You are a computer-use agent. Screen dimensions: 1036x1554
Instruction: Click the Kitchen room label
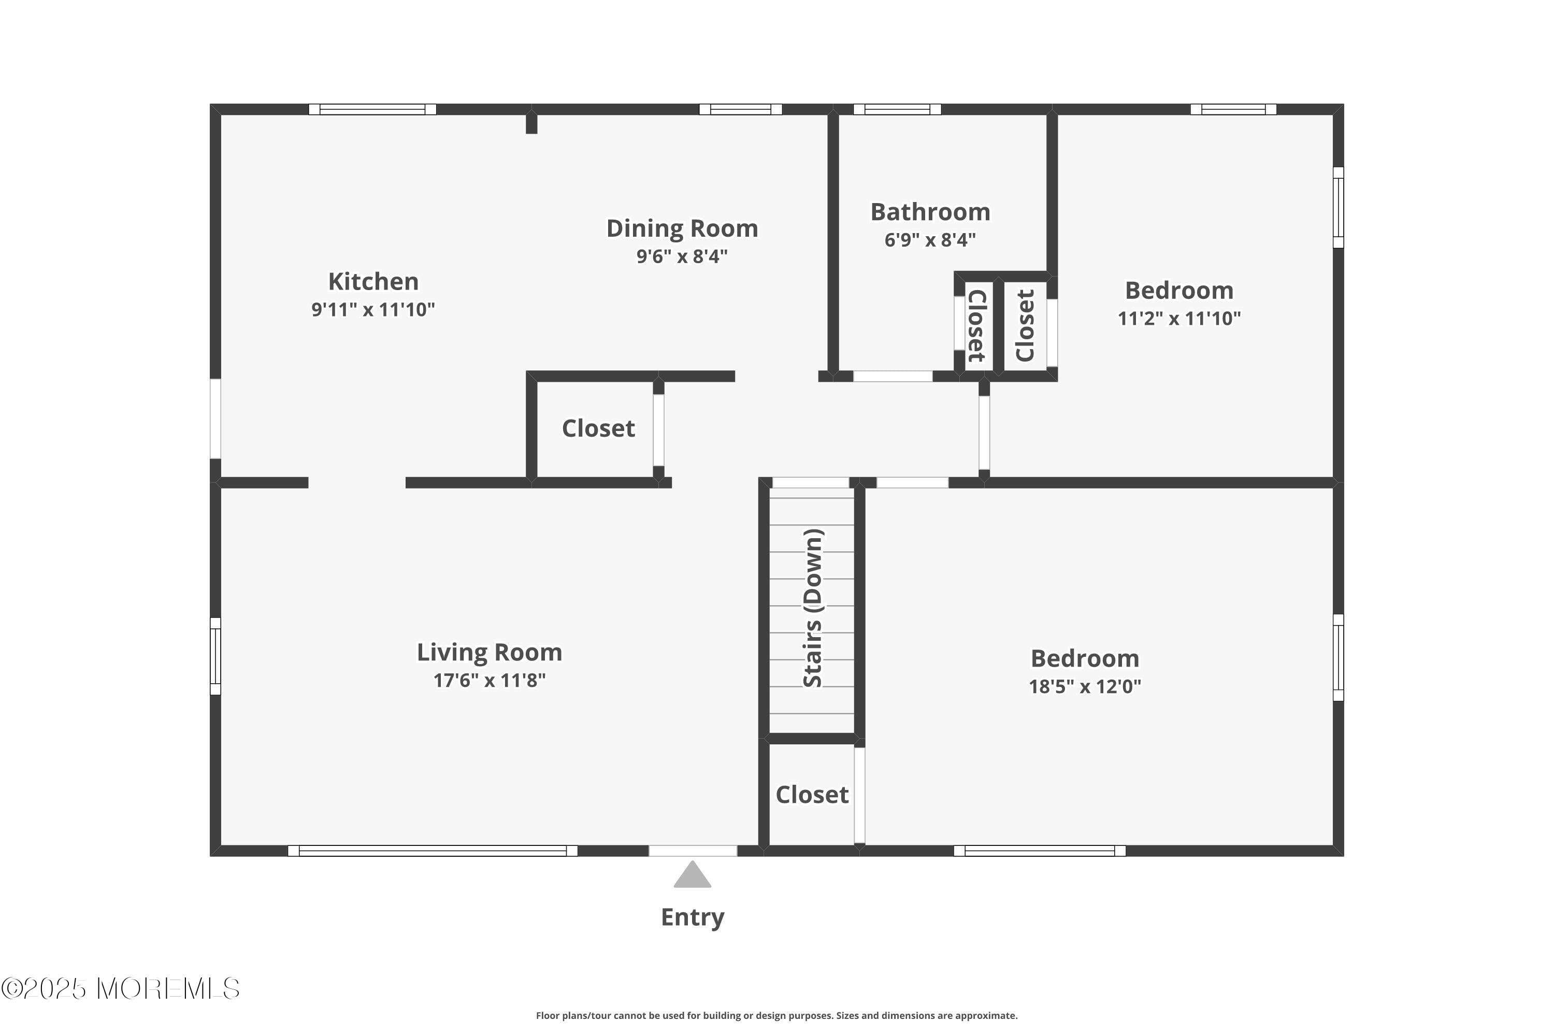(x=373, y=281)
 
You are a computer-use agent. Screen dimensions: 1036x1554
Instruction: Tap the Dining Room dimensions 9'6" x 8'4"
(x=682, y=256)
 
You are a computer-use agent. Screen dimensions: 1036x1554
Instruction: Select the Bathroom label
(x=930, y=212)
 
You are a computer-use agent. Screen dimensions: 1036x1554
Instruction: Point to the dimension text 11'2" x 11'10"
(x=1179, y=319)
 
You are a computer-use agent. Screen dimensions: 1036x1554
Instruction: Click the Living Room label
(x=489, y=652)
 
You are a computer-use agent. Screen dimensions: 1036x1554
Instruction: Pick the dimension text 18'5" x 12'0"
(x=1085, y=686)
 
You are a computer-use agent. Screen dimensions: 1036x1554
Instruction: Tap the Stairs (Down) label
(x=812, y=608)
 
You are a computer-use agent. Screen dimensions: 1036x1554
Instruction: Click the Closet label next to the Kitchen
(x=598, y=429)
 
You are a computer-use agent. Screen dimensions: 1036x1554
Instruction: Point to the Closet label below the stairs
(x=811, y=795)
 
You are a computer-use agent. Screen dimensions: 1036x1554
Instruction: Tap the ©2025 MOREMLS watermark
(x=120, y=988)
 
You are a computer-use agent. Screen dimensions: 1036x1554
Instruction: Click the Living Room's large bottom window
(x=433, y=851)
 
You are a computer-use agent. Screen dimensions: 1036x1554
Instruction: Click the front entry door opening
(x=693, y=851)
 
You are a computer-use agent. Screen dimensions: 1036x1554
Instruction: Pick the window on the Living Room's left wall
(x=215, y=656)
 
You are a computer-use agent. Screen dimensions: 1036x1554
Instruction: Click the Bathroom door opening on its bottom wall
(x=893, y=377)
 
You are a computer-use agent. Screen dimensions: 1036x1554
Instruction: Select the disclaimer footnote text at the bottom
(x=776, y=1015)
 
